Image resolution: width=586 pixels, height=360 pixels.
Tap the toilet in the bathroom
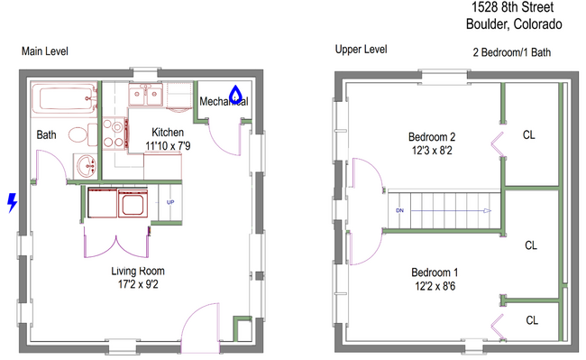pos(79,135)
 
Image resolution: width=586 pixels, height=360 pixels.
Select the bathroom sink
pos(86,167)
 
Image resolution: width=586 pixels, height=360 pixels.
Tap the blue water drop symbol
pos(235,93)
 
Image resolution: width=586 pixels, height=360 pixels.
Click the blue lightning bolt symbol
pos(10,203)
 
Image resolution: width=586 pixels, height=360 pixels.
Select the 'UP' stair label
pos(169,203)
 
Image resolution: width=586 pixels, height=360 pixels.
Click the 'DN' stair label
pos(399,210)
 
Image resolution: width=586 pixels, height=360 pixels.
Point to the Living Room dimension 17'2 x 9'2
pos(137,284)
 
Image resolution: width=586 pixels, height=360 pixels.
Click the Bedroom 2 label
pos(432,137)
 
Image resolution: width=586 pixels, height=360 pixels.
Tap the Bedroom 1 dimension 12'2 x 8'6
pos(435,286)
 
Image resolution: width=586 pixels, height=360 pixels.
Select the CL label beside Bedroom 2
pos(529,136)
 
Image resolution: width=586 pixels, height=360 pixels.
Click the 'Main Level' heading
pos(44,51)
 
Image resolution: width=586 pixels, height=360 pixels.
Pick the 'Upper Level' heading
pos(360,49)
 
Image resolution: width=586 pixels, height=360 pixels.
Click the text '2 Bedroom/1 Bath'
pos(511,52)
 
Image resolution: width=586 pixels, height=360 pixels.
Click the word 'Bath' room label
pos(47,135)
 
